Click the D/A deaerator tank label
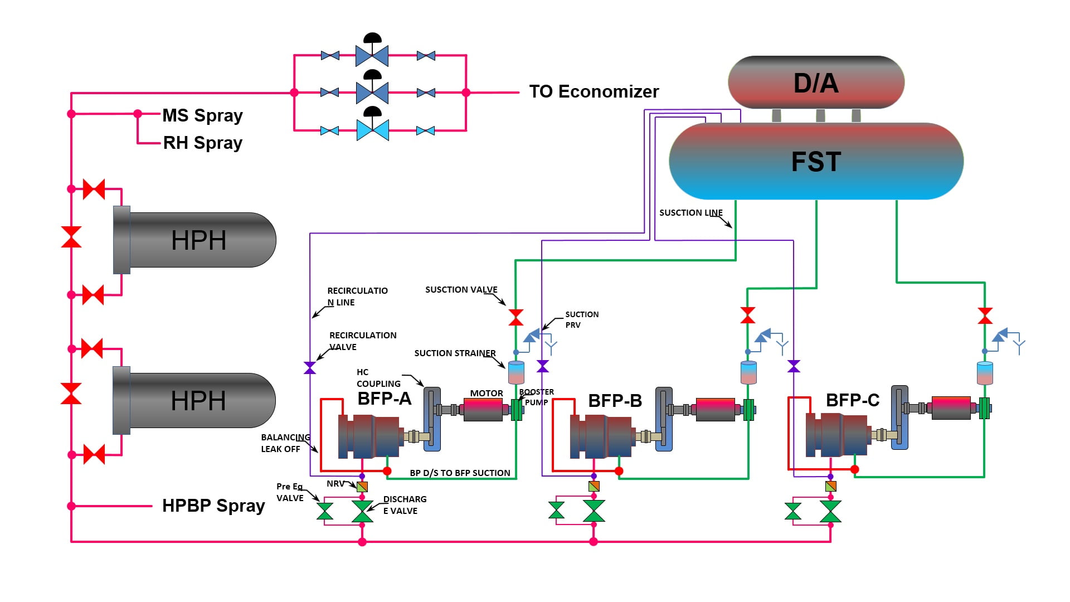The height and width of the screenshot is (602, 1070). click(816, 83)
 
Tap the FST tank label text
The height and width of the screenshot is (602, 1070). click(816, 162)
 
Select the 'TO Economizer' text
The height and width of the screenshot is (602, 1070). click(594, 91)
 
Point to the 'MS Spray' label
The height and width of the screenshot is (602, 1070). click(202, 115)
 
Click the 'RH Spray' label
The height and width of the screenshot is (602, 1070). click(202, 143)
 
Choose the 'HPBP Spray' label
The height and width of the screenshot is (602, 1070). click(213, 506)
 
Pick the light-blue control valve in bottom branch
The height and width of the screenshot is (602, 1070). click(372, 130)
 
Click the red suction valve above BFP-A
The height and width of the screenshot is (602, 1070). click(516, 317)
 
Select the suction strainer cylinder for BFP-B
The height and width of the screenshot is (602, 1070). click(748, 372)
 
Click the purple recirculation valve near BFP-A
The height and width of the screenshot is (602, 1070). click(310, 368)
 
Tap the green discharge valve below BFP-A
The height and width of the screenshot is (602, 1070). click(362, 511)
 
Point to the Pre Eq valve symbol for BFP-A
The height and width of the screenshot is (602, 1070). click(325, 511)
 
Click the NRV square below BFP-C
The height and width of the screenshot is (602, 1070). click(830, 486)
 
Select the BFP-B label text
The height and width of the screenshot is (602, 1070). click(615, 401)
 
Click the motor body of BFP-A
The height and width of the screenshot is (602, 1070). click(483, 410)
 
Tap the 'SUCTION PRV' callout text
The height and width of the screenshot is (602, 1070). click(581, 319)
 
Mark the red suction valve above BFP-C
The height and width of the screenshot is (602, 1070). click(985, 316)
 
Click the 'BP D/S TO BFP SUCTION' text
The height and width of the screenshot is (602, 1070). click(460, 473)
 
